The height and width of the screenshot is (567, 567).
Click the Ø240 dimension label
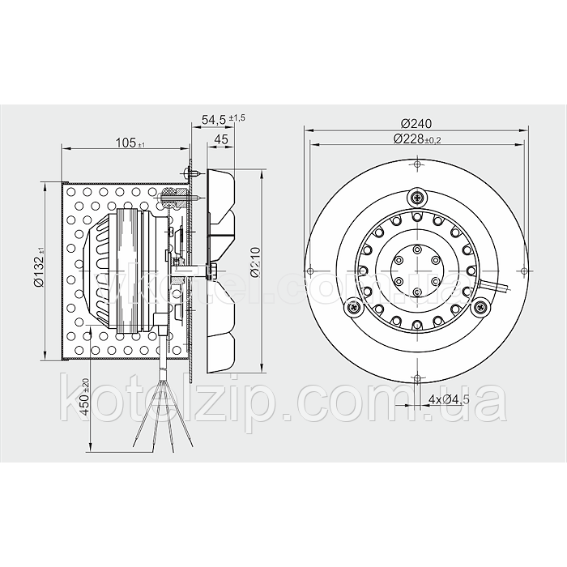416,124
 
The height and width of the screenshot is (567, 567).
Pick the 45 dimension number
220,139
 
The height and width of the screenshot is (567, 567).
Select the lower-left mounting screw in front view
353,307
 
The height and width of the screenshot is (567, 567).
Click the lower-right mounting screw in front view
480,307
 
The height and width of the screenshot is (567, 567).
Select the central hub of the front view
416,271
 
